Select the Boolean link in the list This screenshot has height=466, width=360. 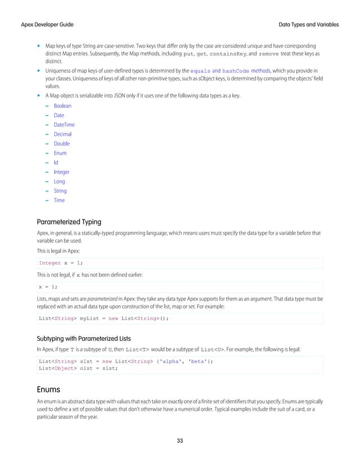pyautogui.click(x=62, y=105)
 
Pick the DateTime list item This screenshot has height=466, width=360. pyautogui.click(x=64, y=125)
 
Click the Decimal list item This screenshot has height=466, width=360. pyautogui.click(x=62, y=134)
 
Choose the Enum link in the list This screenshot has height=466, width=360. pyautogui.click(x=60, y=153)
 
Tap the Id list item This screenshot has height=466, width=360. pyautogui.click(x=56, y=162)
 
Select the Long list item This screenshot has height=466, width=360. pyautogui.click(x=59, y=182)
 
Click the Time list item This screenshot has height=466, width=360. pyautogui.click(x=59, y=200)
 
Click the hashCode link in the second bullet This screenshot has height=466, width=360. pyautogui.click(x=236, y=71)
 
